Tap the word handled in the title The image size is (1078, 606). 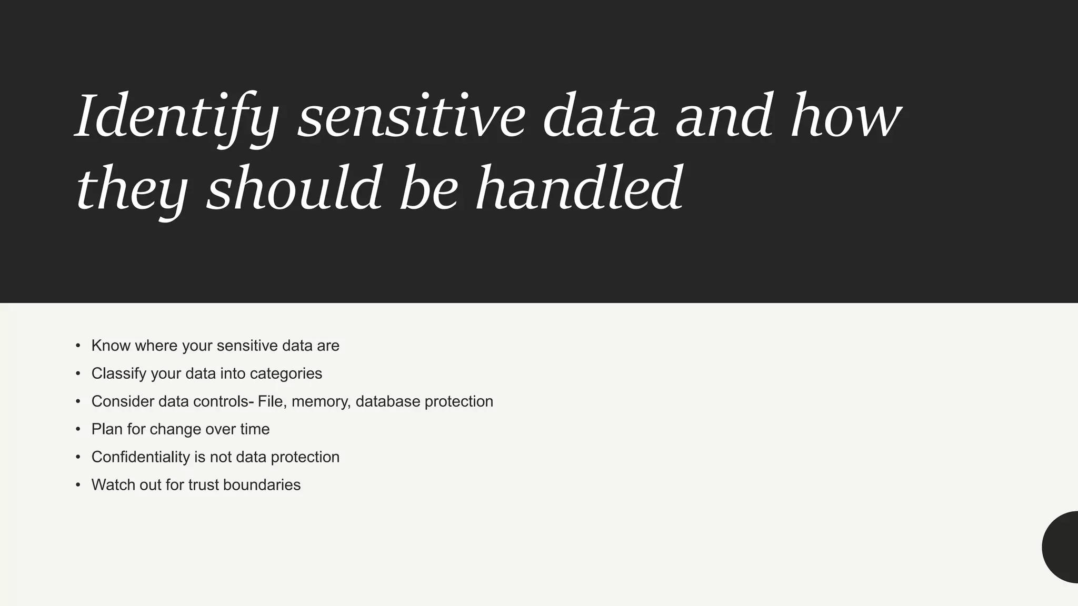coord(579,188)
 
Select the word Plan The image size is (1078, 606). coord(107,429)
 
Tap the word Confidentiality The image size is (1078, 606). coord(141,457)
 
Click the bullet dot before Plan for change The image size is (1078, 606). coord(78,429)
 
